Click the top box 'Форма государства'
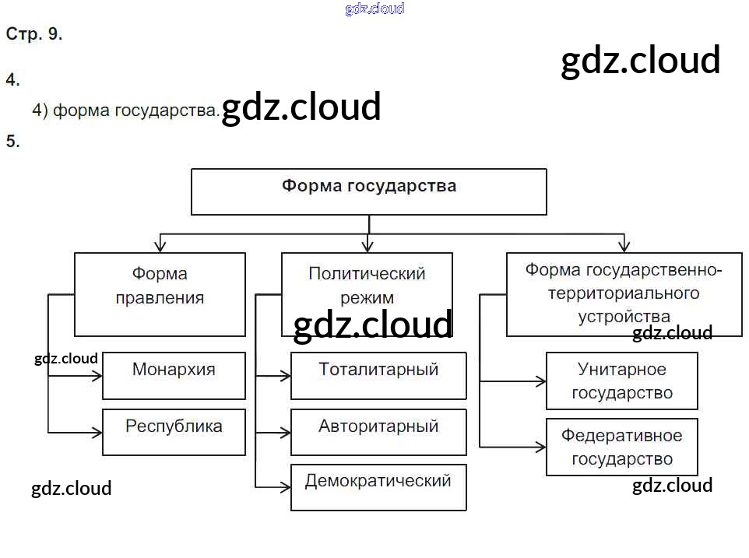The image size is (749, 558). pos(368,191)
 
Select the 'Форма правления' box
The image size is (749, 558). pos(160,293)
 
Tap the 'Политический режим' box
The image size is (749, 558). pos(367,286)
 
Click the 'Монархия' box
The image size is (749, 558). pos(174,375)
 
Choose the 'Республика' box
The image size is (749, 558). pos(174,432)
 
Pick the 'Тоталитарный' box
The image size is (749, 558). pos(378,375)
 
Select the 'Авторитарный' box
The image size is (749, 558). pos(378,432)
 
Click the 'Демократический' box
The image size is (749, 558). pos(378,487)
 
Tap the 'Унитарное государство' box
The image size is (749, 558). pos(621,381)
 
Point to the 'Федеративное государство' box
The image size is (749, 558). pos(621,447)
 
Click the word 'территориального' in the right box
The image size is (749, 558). pos(623,294)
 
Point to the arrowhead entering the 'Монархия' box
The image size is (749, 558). pos(97,375)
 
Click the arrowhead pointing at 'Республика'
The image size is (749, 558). pos(97,432)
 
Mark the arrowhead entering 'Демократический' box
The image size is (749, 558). pos(285,488)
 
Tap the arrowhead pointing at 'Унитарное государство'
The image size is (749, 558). pos(540,381)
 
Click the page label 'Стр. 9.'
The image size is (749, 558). pos(34,35)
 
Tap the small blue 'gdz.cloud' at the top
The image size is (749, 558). pos(374,9)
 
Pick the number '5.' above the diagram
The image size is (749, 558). pos(12,142)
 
